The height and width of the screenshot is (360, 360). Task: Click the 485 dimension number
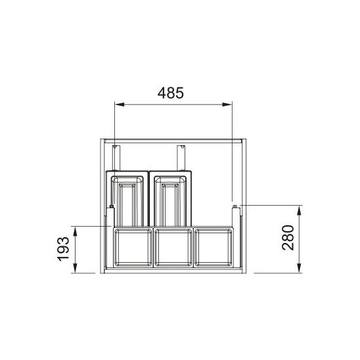tap(171, 93)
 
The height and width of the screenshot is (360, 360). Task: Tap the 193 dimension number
tap(63, 249)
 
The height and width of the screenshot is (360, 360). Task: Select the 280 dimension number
tap(288, 238)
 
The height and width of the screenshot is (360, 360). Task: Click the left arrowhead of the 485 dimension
tap(120, 104)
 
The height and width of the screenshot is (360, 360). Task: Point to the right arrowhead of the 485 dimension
tap(227, 104)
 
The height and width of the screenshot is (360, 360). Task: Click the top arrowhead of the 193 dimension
tap(75, 231)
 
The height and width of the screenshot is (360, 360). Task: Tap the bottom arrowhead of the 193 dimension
tap(75, 268)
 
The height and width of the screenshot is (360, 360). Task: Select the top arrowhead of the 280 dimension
tap(299, 210)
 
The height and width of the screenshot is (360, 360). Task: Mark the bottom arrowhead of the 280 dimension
tap(299, 268)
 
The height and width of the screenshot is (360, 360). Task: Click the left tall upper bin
tap(127, 198)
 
